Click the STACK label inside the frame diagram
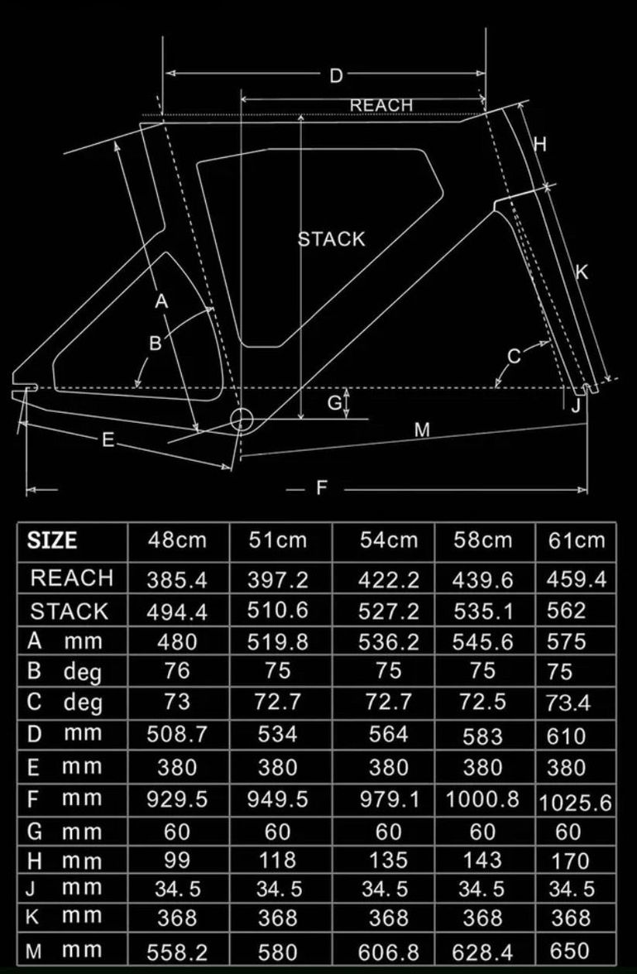(x=332, y=239)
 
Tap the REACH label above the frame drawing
(x=381, y=106)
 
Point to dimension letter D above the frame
(x=336, y=76)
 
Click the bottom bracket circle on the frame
(x=242, y=420)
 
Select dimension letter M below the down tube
(x=422, y=429)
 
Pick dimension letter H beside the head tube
(x=540, y=144)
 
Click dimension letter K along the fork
(x=582, y=271)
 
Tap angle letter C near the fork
(x=514, y=357)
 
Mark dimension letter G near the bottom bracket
(x=334, y=402)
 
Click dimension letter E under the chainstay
(x=108, y=440)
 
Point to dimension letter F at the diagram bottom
(x=321, y=487)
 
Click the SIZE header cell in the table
(x=52, y=540)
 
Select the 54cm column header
(x=389, y=540)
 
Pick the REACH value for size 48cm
(x=177, y=579)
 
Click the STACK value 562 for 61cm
(x=566, y=611)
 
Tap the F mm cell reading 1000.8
(x=482, y=799)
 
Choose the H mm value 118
(x=277, y=861)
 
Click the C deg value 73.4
(x=568, y=703)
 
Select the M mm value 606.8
(x=389, y=952)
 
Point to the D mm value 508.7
(x=177, y=734)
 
